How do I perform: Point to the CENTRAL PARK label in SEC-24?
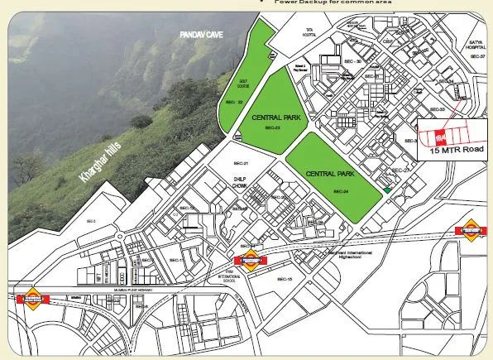click(329, 174)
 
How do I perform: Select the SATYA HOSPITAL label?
click(475, 46)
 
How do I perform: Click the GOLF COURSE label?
click(243, 83)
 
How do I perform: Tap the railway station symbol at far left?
click(33, 298)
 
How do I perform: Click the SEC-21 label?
click(241, 164)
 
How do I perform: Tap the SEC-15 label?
click(284, 279)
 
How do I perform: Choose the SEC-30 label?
click(353, 61)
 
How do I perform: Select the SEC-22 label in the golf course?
click(234, 103)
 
